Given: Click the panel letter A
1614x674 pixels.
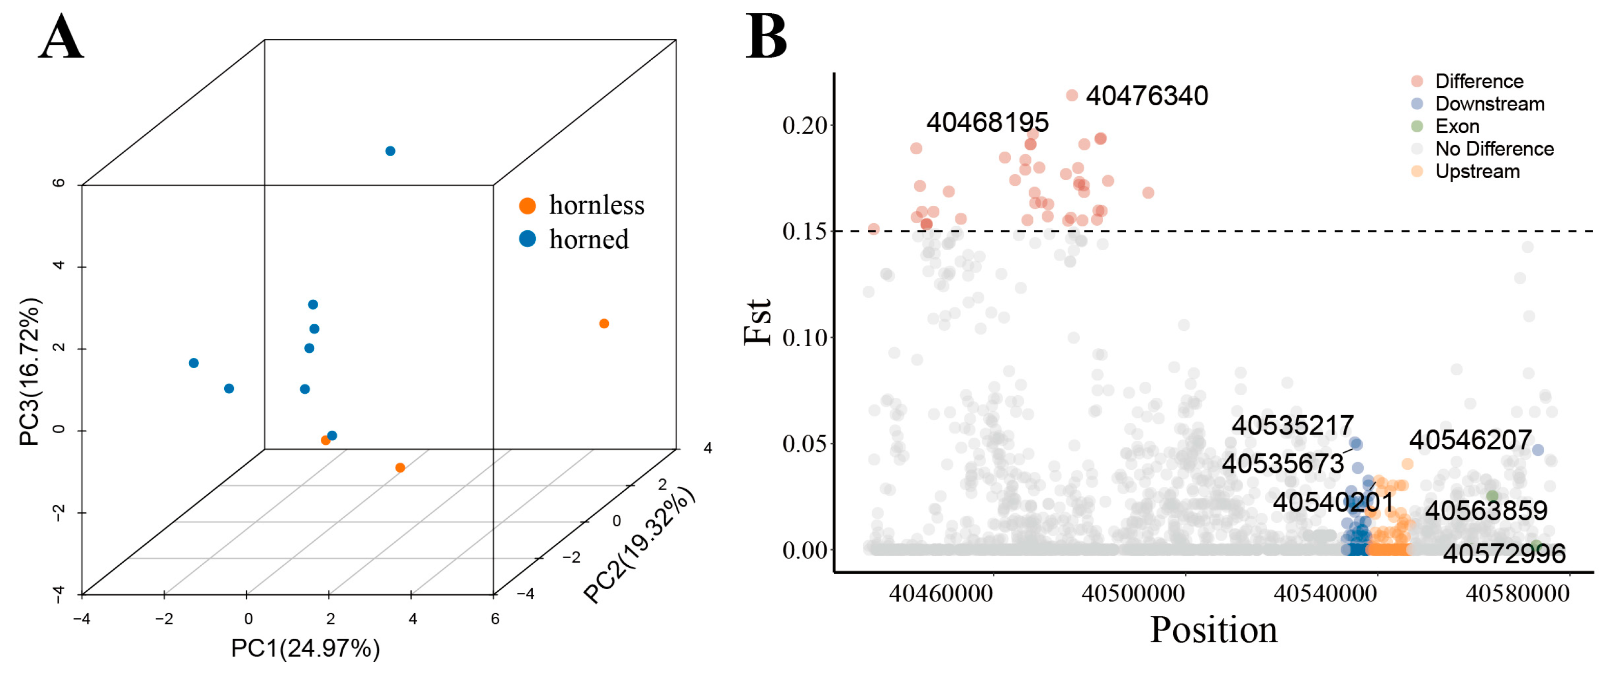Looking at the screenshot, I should [x=61, y=38].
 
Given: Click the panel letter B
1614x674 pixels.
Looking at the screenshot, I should [x=766, y=38].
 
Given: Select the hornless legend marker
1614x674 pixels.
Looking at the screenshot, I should [x=528, y=205].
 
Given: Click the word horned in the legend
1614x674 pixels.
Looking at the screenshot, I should [x=588, y=239].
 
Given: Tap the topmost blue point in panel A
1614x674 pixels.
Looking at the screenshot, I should [x=390, y=151].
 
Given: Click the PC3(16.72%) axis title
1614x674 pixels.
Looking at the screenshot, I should [x=30, y=371].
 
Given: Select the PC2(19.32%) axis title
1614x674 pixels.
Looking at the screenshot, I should [x=639, y=545].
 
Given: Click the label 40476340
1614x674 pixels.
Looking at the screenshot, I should [x=1147, y=96].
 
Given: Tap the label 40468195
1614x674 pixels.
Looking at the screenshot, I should [x=987, y=122].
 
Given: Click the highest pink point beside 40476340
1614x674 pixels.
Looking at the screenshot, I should [x=1072, y=95].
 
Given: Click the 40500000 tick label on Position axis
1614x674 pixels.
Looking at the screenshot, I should [x=1133, y=593].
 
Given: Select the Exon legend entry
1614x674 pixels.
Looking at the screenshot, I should [x=1457, y=127].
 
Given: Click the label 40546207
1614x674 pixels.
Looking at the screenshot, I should [x=1470, y=440].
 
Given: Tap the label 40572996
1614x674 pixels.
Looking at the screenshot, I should [x=1504, y=553].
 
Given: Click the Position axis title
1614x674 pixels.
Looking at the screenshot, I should [x=1213, y=630].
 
